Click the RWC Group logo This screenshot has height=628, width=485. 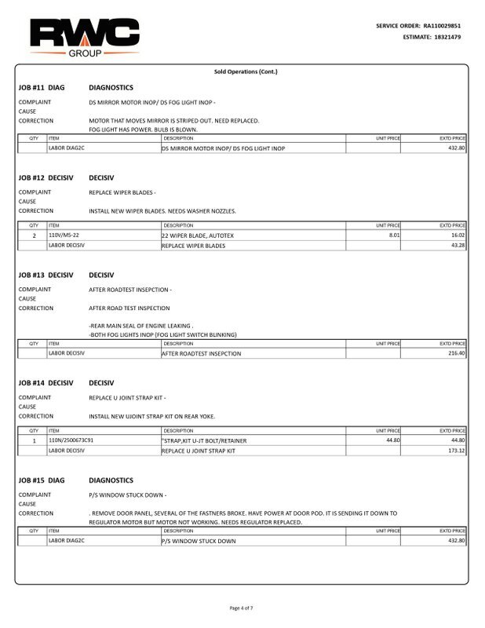point(84,35)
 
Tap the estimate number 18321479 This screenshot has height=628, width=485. point(443,37)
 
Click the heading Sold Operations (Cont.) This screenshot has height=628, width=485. point(246,71)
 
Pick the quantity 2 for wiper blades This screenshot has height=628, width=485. point(34,235)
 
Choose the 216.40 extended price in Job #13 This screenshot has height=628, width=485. point(455,353)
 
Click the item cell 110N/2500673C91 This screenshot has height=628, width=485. point(71,440)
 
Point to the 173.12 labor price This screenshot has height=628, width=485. point(455,451)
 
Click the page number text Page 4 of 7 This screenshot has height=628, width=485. point(242,608)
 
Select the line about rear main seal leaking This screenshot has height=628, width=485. point(141,325)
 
